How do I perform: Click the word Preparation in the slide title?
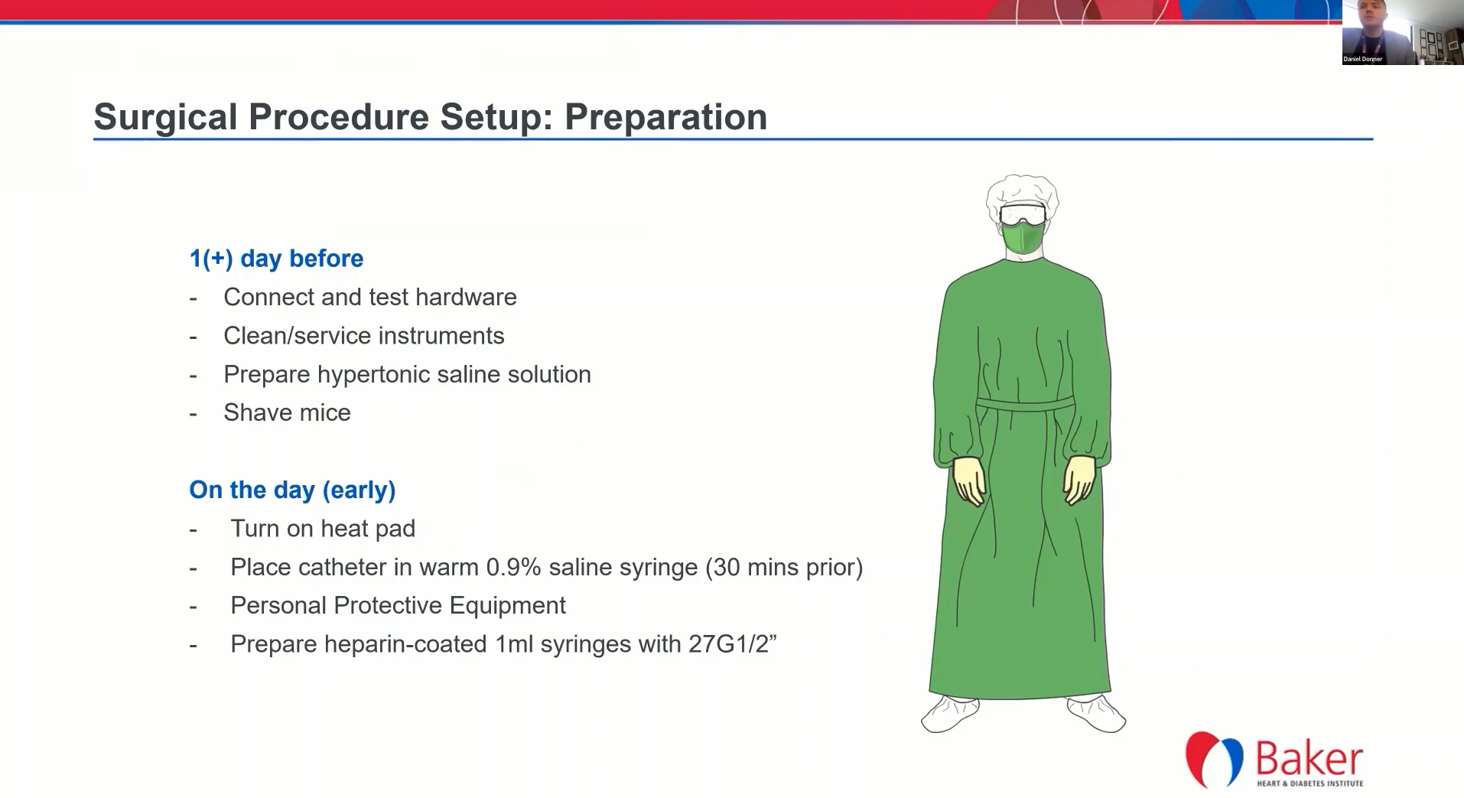click(665, 117)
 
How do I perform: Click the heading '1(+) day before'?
click(276, 259)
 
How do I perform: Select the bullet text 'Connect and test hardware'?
click(370, 297)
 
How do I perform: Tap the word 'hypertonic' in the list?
click(376, 374)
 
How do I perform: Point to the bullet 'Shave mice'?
click(287, 412)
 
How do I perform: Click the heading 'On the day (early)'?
click(292, 490)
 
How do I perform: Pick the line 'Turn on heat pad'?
click(323, 528)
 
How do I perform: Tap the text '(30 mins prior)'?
click(784, 567)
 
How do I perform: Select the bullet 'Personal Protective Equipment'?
click(398, 605)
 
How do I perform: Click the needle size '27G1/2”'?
click(733, 643)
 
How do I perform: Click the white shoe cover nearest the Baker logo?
click(1096, 713)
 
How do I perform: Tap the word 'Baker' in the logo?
click(1309, 758)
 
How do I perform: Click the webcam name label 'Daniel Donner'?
click(1362, 59)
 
